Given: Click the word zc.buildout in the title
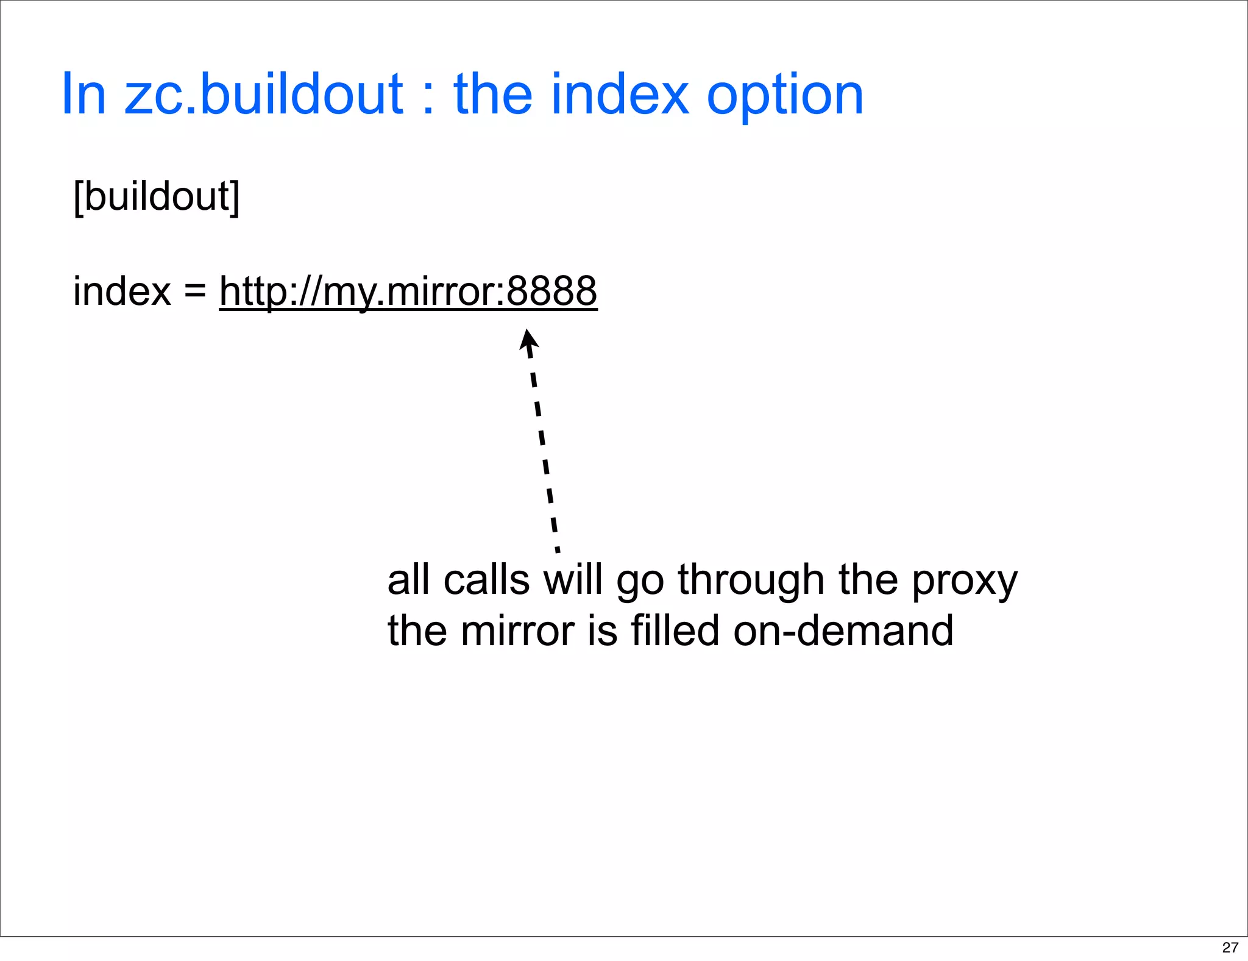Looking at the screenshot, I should [x=263, y=95].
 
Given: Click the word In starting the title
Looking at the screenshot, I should [x=84, y=95].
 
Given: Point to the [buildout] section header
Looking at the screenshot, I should [x=157, y=196].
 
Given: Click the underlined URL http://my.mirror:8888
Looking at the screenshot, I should [x=408, y=291].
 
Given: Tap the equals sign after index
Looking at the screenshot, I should [x=195, y=291].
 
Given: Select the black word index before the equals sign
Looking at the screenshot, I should [x=122, y=291].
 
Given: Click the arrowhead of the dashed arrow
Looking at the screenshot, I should [x=528, y=340].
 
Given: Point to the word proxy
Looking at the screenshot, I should [x=964, y=581].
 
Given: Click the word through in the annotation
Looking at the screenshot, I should [x=751, y=581].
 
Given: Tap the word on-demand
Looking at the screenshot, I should [x=843, y=631].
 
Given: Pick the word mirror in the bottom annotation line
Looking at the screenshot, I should [x=517, y=631].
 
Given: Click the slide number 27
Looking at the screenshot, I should [x=1230, y=948].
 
